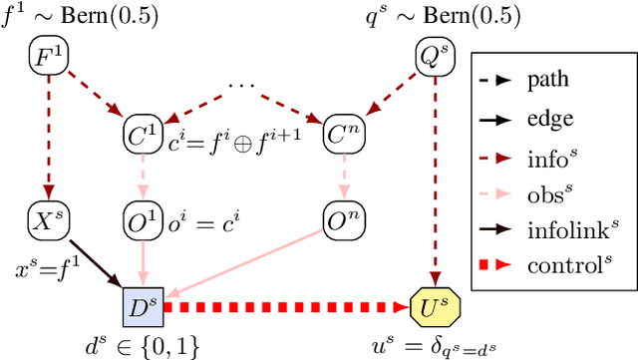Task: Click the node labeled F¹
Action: click(x=44, y=57)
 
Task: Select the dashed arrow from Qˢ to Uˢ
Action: click(x=433, y=180)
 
